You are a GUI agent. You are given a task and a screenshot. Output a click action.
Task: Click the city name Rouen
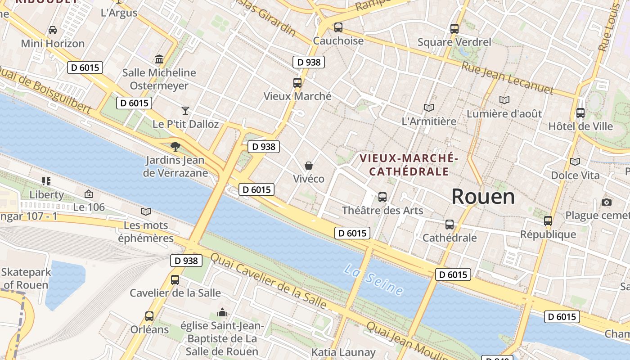pos(483,197)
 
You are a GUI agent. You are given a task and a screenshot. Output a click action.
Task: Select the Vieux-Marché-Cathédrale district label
pos(409,165)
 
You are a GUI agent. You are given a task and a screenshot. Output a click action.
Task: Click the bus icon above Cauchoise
pos(338,27)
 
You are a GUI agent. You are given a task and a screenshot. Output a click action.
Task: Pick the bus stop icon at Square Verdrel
pos(454,29)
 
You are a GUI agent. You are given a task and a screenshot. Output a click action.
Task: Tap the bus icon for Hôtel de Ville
pos(580,113)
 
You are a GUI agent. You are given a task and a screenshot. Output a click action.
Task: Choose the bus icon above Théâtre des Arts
pos(382,197)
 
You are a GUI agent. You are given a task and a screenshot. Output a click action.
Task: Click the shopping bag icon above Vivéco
pos(309,166)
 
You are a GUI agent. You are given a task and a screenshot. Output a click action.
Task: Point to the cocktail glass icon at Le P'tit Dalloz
pos(185,110)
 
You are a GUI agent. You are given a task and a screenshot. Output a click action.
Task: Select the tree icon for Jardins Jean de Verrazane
pos(175,146)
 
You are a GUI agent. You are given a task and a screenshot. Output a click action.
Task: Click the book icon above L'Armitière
pos(429,108)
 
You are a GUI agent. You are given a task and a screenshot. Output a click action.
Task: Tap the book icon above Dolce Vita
pos(575,162)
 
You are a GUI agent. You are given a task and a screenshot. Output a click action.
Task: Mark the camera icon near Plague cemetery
pos(607,202)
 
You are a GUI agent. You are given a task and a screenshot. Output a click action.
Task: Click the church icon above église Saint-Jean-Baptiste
pos(222,312)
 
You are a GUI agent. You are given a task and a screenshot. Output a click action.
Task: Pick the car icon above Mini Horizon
pos(53,30)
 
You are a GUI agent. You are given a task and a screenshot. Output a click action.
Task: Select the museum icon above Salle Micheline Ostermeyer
pos(159,59)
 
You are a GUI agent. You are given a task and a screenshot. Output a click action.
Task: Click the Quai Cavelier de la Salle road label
pos(268,280)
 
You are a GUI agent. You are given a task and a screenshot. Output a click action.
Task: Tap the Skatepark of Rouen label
pos(26,279)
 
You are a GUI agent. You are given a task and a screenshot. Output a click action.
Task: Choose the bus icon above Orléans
pos(149,316)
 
